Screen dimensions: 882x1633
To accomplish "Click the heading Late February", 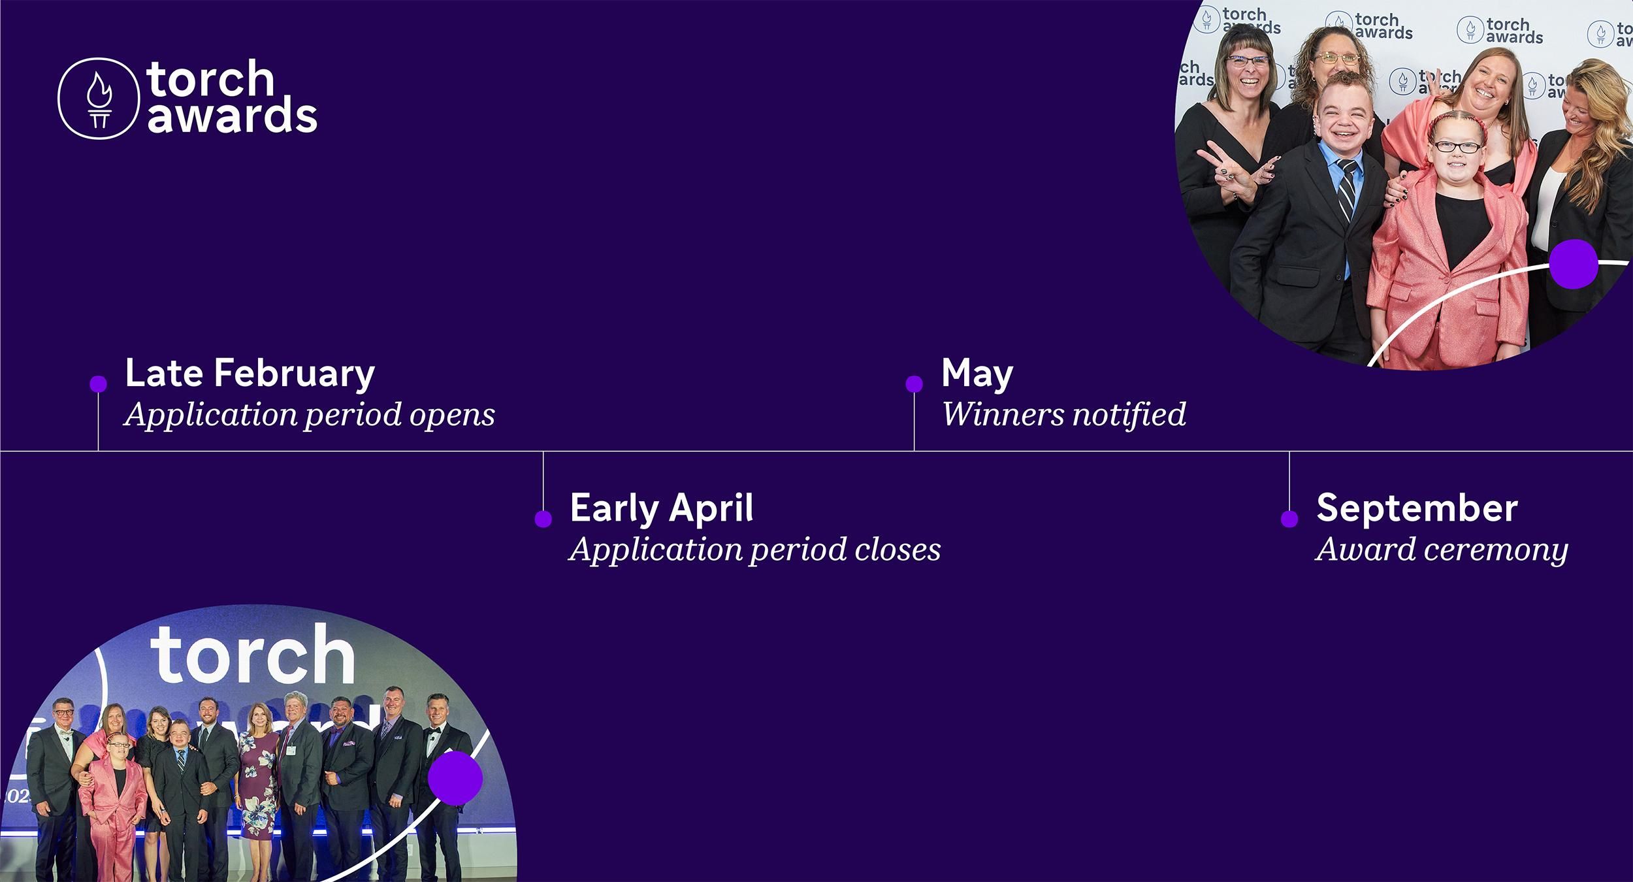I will click(x=250, y=373).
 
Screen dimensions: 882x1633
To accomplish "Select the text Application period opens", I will click(x=310, y=414).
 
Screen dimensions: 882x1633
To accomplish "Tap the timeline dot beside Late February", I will click(x=98, y=384).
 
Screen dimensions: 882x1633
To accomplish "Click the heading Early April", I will click(x=662, y=508).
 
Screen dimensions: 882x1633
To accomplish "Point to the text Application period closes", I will click(x=755, y=549).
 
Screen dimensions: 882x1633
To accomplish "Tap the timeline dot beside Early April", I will click(x=543, y=519).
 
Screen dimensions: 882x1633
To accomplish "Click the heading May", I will click(x=977, y=373).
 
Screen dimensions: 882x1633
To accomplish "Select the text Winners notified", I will click(x=1063, y=414).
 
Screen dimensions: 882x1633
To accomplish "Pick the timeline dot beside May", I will click(x=914, y=384).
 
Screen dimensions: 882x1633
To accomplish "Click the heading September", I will click(x=1417, y=508).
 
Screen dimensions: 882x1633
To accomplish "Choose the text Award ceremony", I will click(x=1442, y=549).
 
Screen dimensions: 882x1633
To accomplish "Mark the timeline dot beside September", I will click(x=1289, y=519).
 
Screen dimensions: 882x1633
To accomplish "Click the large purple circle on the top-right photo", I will click(x=1573, y=263).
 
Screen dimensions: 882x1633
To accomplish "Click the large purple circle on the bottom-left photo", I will click(x=455, y=777).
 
